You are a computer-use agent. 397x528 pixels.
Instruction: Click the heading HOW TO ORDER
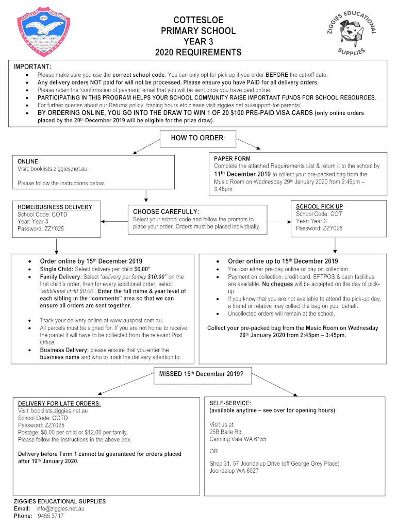coord(198,138)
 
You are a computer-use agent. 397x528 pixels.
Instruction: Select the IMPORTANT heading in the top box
coord(32,67)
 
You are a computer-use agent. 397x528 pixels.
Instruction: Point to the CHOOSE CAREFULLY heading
coord(166,211)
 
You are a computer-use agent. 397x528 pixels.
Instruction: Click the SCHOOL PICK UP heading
coord(319,207)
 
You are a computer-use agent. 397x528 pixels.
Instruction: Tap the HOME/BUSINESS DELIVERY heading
coord(55,207)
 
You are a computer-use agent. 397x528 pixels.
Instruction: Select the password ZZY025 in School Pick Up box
coord(332,228)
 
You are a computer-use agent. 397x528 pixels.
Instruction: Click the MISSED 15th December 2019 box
coord(198,374)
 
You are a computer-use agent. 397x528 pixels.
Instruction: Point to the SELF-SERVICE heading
coord(230,403)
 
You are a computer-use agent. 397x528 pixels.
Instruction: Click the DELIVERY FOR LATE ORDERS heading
coord(59,403)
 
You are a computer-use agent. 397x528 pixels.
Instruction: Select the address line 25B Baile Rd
coord(225,432)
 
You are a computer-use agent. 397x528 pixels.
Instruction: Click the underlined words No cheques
coord(277,284)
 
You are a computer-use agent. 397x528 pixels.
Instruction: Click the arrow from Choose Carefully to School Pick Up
coord(279,222)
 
